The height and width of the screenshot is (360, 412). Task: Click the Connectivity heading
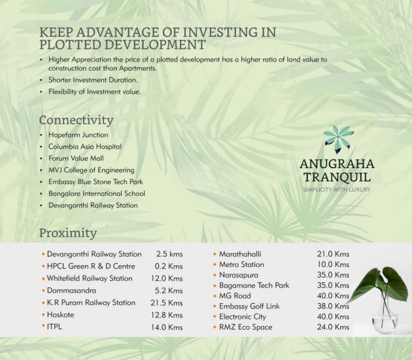(x=77, y=120)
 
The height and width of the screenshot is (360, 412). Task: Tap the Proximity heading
(x=68, y=233)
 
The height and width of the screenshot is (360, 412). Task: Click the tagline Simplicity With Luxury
(x=337, y=190)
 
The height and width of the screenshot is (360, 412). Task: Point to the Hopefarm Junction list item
(x=78, y=135)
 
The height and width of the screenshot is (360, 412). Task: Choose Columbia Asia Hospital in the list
(x=85, y=147)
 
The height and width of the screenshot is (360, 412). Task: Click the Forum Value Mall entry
(x=76, y=158)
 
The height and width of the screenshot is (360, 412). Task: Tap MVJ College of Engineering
(x=91, y=170)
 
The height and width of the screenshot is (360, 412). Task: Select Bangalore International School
(x=97, y=194)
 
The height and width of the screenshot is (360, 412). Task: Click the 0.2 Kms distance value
(x=169, y=266)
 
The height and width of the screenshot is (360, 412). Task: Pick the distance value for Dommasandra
(x=169, y=291)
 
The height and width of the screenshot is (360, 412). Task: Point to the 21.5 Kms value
(x=167, y=303)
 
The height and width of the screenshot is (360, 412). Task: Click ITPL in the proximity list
(x=55, y=327)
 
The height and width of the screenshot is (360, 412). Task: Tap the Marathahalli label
(x=240, y=254)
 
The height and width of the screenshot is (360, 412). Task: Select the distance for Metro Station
(x=333, y=264)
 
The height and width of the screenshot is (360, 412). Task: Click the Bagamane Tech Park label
(x=254, y=285)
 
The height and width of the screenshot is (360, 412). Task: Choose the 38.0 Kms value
(x=333, y=306)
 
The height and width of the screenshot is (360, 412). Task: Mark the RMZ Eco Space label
(x=246, y=327)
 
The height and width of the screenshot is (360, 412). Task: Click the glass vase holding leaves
(x=384, y=315)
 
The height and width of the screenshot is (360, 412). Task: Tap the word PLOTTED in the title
(x=70, y=45)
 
